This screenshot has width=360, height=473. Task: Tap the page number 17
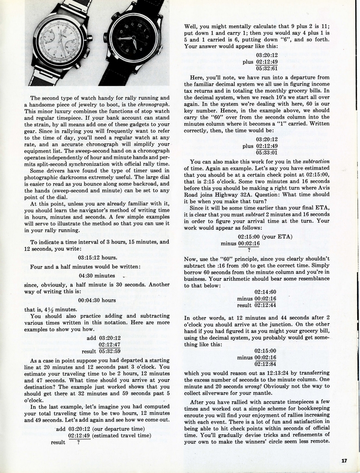pyautogui.click(x=344, y=460)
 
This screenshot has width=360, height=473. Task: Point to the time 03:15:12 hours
pyautogui.click(x=98, y=257)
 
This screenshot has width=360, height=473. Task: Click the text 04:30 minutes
pyautogui.click(x=97, y=275)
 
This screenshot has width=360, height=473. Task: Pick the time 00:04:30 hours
pyautogui.click(x=97, y=300)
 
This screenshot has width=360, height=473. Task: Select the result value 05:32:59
pyautogui.click(x=110, y=351)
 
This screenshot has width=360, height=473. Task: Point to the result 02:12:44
pyautogui.click(x=265, y=305)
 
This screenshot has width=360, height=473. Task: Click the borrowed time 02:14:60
pyautogui.click(x=265, y=292)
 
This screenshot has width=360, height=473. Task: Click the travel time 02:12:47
pyautogui.click(x=110, y=344)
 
